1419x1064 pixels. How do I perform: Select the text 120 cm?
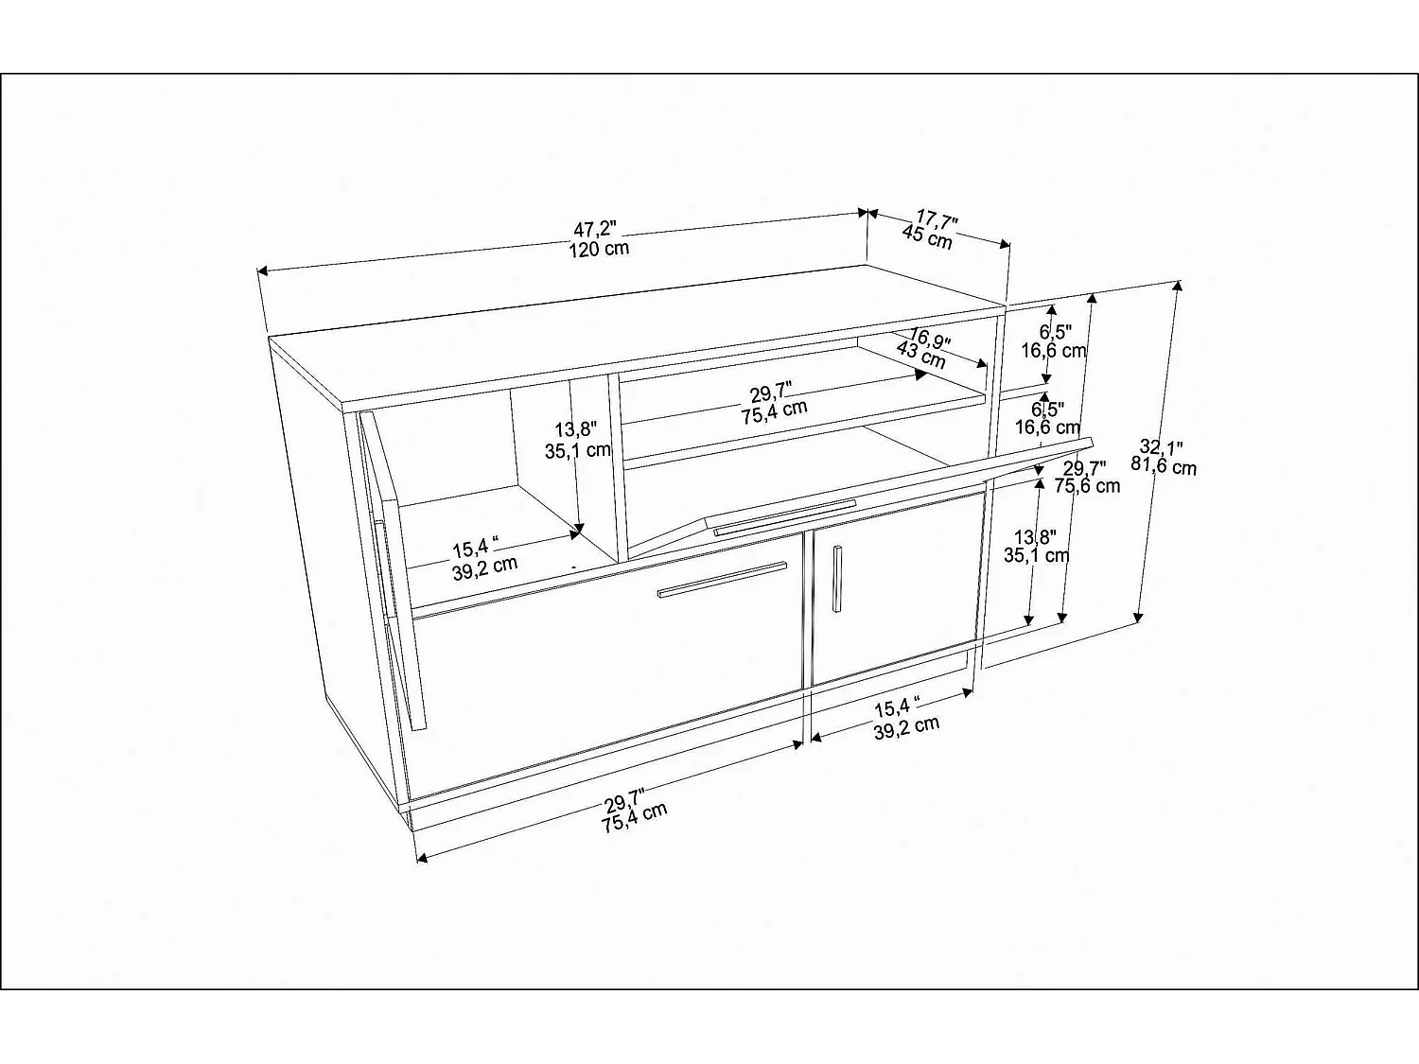click(x=599, y=250)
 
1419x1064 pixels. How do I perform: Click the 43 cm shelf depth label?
click(x=920, y=356)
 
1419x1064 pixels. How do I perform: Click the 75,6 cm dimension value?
click(x=1087, y=486)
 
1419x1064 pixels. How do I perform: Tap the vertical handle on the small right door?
click(x=836, y=578)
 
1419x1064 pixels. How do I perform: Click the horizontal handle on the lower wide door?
click(x=722, y=580)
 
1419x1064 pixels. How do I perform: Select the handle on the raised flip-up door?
click(x=784, y=516)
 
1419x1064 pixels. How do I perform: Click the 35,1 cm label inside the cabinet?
click(x=577, y=450)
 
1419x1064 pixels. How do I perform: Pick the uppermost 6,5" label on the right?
click(x=1055, y=331)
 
